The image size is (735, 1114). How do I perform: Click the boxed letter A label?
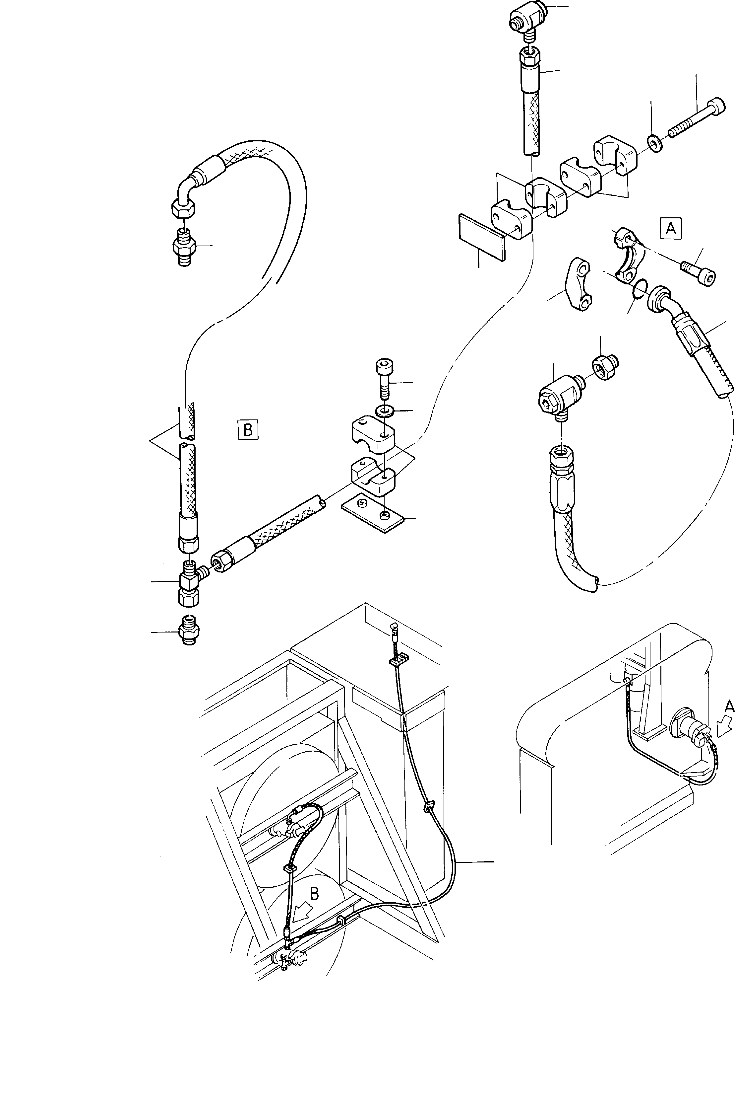[x=671, y=229]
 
